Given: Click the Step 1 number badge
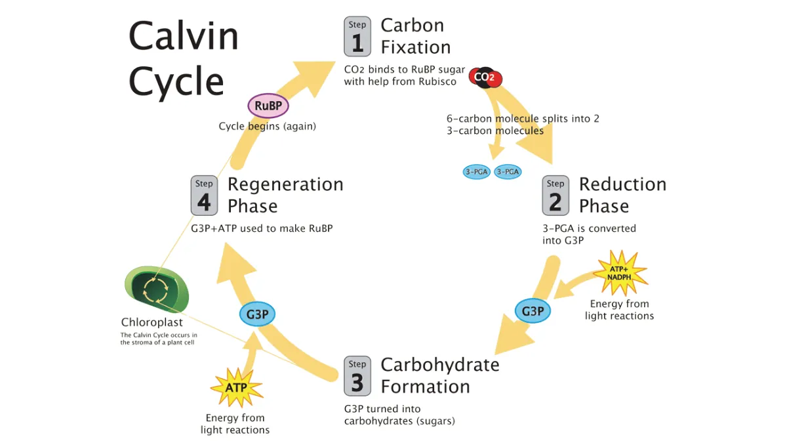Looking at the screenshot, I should pos(357,37).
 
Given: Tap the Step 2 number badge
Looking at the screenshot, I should pos(555,195).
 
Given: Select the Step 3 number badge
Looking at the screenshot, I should pos(357,376).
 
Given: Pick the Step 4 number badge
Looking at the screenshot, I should pos(204,195).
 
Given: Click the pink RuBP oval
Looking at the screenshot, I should pos(268,105).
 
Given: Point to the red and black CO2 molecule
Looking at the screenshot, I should pos(485,78).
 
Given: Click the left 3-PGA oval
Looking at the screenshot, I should pos(477,172).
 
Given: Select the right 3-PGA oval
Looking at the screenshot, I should pos(508,172).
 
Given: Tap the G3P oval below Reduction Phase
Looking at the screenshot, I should pos(533,310).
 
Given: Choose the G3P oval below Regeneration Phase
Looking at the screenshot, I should pos(257,314).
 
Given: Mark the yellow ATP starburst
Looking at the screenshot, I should pos(236,387).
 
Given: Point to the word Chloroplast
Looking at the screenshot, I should pos(152,323).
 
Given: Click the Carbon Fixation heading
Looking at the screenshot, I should pos(416,36).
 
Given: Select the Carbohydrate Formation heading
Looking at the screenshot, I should pos(439,375).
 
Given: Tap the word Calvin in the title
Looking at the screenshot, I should pos(184,36).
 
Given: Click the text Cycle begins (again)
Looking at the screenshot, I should pos(267,126).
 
